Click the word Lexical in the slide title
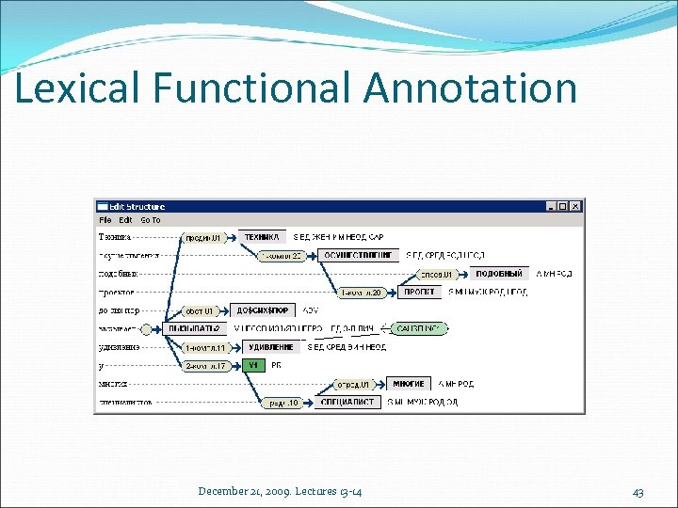[75, 88]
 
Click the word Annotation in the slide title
[469, 88]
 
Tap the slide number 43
[638, 492]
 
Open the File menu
[105, 220]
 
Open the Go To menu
[151, 220]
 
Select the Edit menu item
[125, 220]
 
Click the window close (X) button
[576, 206]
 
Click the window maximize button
[563, 206]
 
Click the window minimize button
[551, 206]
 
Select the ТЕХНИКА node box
[263, 237]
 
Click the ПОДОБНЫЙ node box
[499, 274]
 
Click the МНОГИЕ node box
[408, 384]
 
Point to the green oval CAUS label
[421, 328]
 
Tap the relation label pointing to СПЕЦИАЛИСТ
[283, 403]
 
